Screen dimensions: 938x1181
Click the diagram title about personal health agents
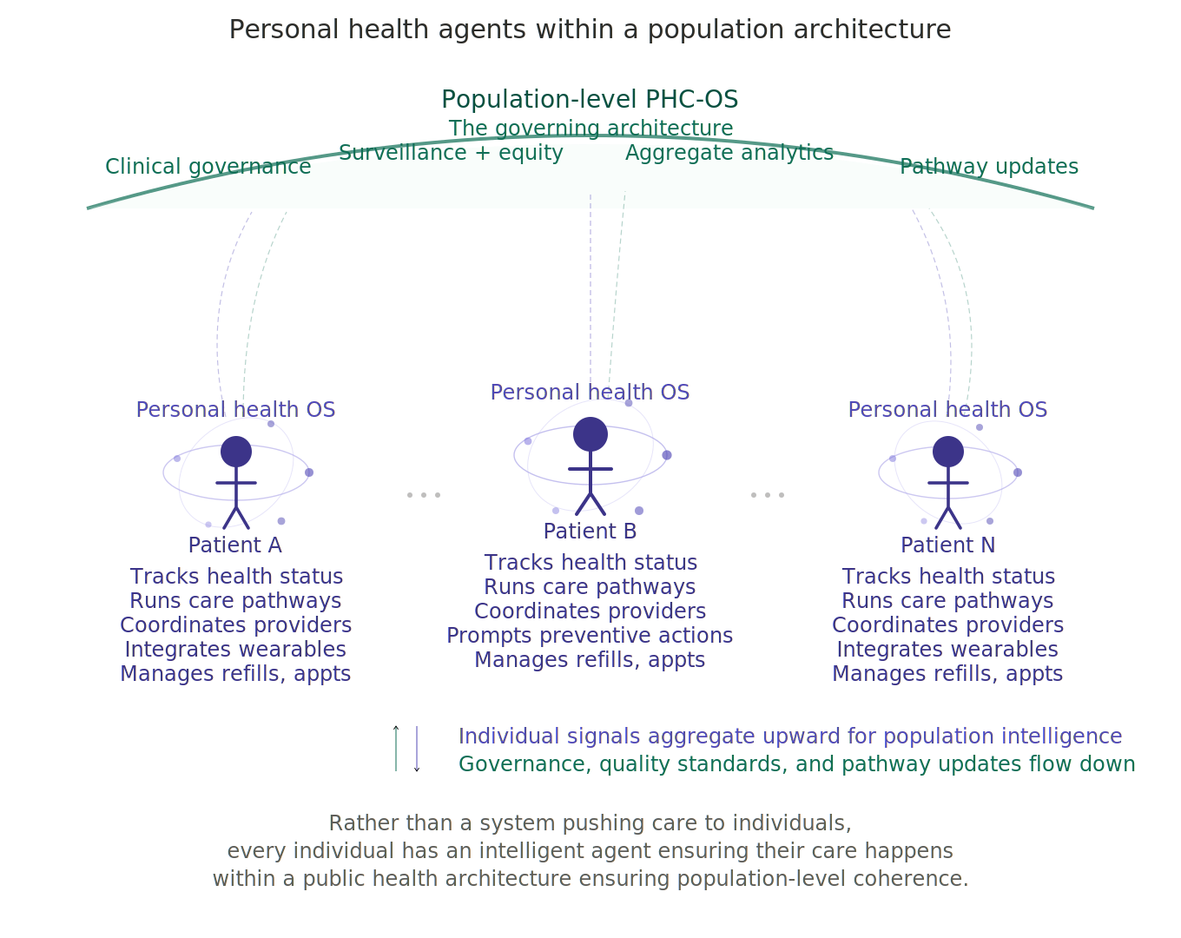590,30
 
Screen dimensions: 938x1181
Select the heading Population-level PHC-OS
590,99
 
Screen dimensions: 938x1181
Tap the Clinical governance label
208,167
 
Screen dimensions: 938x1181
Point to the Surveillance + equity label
451,153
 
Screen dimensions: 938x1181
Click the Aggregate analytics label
729,153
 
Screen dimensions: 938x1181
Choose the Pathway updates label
989,167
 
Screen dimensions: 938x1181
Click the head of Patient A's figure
236,452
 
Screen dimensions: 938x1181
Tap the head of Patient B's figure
590,434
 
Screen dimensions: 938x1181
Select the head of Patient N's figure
948,452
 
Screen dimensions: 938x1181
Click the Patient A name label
235,545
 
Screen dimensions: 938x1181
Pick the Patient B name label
590,531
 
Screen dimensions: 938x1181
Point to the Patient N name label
948,545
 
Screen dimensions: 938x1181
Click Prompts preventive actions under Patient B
590,636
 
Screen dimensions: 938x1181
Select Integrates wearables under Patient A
235,650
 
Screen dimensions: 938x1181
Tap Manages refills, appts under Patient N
947,674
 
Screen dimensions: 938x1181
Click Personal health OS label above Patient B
590,393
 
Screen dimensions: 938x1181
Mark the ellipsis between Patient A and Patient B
424,495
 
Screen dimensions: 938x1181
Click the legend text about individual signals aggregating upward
790,737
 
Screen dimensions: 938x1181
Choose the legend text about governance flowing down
796,764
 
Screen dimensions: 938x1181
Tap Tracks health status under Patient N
948,577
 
